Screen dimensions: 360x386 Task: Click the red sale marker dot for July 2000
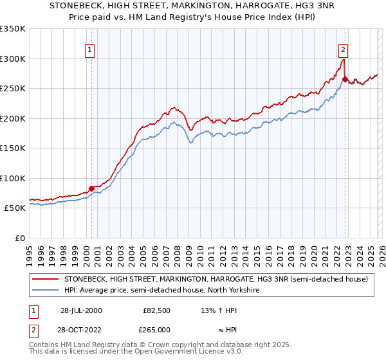(x=91, y=188)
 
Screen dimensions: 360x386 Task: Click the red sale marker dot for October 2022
(x=345, y=80)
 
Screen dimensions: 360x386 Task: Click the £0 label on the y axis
(x=20, y=238)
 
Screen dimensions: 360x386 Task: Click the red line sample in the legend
(x=45, y=280)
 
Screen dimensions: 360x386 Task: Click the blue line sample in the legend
(x=45, y=291)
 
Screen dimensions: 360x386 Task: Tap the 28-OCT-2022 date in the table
(x=81, y=329)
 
